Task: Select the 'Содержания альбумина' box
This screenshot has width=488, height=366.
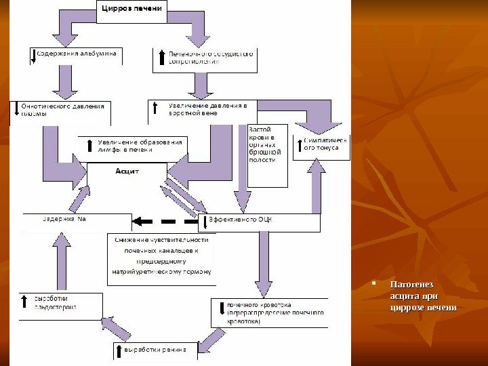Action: (76, 55)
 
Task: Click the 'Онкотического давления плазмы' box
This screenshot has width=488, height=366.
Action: (62, 113)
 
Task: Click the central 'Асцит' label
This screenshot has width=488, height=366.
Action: (127, 172)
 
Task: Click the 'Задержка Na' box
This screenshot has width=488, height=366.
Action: (76, 220)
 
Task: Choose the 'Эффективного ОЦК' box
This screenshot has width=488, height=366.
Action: (259, 222)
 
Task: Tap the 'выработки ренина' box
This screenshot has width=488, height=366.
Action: (155, 350)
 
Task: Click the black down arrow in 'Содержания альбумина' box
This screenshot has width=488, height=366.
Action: (33, 56)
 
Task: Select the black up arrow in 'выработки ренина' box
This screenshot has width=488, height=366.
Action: (119, 350)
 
